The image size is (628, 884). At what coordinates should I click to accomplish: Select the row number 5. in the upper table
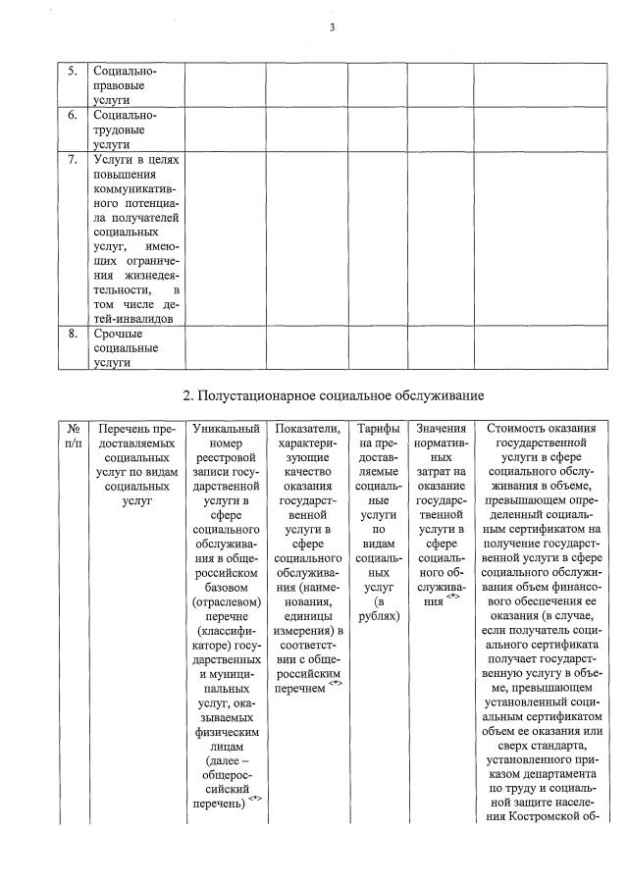[72, 72]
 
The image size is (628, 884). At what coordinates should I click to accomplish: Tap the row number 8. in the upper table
[72, 335]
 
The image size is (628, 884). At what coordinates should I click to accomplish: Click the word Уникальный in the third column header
[225, 430]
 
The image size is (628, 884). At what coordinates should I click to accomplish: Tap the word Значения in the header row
[441, 430]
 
